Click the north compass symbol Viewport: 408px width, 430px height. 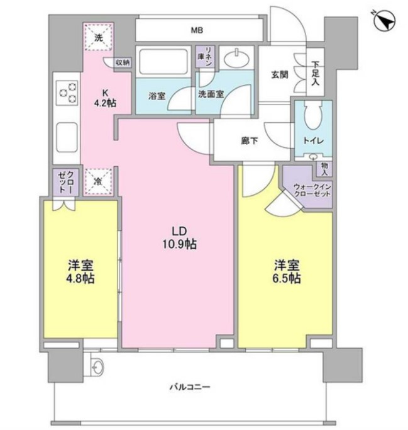(385, 21)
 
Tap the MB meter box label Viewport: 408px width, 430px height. (197, 30)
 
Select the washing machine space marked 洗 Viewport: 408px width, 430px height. (98, 37)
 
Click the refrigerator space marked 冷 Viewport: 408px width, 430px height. (99, 181)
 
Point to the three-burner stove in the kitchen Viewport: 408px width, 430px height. (68, 93)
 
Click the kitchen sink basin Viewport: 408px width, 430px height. (67, 137)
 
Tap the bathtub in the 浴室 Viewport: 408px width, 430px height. (163, 62)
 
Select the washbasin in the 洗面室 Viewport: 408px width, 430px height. (236, 58)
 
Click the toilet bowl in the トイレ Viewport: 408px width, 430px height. (313, 116)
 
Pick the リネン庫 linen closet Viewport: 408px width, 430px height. (205, 57)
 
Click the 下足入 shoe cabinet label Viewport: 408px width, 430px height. (315, 73)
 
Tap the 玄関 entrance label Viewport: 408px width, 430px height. (280, 74)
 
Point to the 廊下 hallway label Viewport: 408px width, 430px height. (250, 140)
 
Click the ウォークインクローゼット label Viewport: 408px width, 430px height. (312, 190)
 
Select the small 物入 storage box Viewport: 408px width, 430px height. (324, 169)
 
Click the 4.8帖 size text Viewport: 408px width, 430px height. (80, 278)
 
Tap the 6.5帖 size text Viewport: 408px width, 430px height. (287, 278)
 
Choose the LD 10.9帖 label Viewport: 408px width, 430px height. (180, 237)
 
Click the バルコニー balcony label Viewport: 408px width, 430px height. (189, 387)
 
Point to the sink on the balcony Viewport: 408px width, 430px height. (97, 365)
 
